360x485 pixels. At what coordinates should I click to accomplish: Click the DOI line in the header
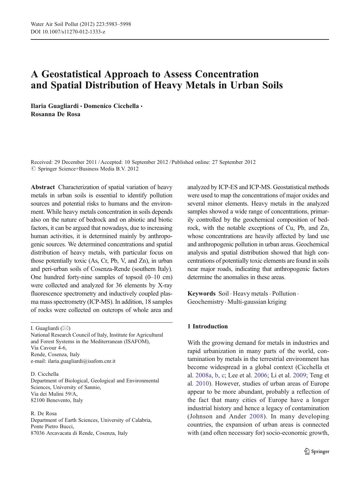[x=68, y=32]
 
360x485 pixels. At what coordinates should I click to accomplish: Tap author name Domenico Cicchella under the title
[x=111, y=106]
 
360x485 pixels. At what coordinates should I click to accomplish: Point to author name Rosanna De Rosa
[x=56, y=114]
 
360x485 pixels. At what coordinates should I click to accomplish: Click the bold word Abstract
[x=43, y=187]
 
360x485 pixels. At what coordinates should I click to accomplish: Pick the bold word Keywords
[x=201, y=294]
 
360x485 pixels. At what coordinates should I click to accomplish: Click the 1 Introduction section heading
[x=207, y=326]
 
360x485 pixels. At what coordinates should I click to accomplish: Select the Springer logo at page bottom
[x=317, y=452]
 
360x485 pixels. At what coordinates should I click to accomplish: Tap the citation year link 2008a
[x=203, y=375]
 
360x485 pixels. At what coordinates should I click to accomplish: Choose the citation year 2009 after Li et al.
[x=299, y=375]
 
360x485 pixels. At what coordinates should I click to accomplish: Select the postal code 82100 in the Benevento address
[x=38, y=400]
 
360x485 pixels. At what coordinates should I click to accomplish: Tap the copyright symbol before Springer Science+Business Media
[x=33, y=169]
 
